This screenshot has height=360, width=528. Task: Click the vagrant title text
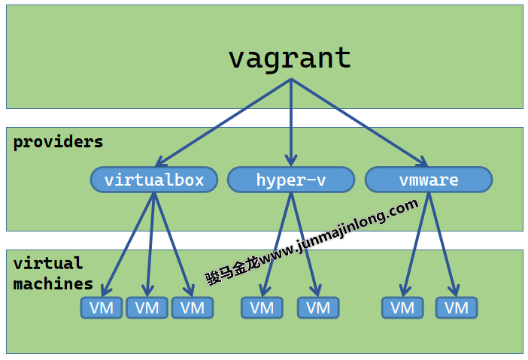pos(290,58)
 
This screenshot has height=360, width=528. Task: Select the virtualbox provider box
pos(154,180)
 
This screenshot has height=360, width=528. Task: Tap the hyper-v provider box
pos(291,180)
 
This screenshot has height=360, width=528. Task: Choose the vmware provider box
pos(429,180)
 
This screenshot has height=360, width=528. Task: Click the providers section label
pos(58,141)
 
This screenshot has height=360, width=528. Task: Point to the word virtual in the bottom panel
pos(48,263)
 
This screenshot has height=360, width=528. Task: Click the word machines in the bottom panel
pos(53,284)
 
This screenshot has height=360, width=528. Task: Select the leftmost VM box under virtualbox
pos(102,307)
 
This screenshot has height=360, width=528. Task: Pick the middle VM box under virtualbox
pos(147,307)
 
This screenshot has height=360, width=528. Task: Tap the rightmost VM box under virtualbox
pos(193,307)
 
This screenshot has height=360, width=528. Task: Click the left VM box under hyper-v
pos(262,307)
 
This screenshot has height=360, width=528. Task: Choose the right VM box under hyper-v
pos(318,307)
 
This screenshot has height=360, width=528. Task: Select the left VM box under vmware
pos(402,307)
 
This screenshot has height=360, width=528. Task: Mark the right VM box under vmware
pos(457,307)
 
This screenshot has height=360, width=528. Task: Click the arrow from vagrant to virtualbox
pos(223,122)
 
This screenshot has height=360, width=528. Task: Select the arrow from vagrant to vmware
pos(360,122)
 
